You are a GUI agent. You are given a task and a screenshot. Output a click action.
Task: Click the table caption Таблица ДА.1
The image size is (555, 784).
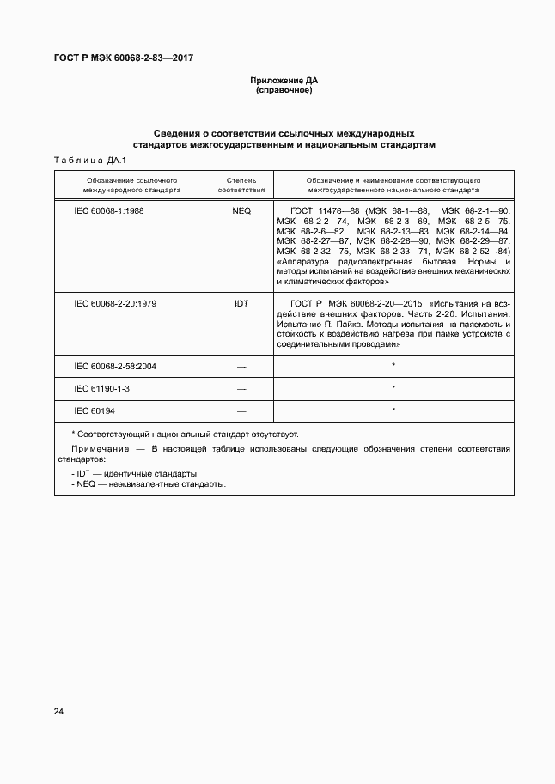click(90, 161)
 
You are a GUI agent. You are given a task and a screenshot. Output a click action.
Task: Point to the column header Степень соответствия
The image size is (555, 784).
click(241, 186)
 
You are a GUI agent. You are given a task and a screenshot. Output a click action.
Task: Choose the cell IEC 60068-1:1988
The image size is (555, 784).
click(109, 210)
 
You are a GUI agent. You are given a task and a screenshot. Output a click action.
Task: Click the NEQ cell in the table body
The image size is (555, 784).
click(241, 210)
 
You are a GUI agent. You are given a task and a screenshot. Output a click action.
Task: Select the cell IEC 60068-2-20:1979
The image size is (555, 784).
click(115, 303)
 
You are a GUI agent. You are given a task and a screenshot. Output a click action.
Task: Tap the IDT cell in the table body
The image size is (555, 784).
click(241, 303)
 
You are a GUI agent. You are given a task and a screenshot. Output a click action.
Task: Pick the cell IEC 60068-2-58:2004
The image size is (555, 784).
click(115, 366)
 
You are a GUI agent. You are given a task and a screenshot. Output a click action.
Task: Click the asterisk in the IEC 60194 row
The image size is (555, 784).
click(393, 410)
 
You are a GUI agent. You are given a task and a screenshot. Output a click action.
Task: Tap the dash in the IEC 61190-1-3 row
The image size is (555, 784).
click(241, 388)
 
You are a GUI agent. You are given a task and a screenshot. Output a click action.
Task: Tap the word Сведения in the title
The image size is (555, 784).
click(175, 134)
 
